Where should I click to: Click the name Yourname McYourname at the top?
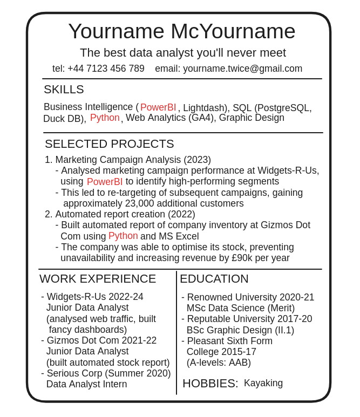[181, 31]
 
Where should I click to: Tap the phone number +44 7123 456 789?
[106, 69]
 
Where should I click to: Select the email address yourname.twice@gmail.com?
[242, 69]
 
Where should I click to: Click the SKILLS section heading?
[64, 90]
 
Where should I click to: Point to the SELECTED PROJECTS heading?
[109, 144]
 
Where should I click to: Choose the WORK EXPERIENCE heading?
[97, 279]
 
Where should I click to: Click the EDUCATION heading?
[214, 279]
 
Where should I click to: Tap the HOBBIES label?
[210, 384]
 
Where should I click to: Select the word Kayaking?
[263, 383]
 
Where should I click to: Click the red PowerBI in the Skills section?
[158, 107]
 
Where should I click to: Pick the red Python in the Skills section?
[105, 118]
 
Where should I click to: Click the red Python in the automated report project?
[123, 236]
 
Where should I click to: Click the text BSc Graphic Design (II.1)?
[240, 330]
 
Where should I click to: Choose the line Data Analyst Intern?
[86, 384]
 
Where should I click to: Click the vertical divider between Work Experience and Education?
[176, 332]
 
